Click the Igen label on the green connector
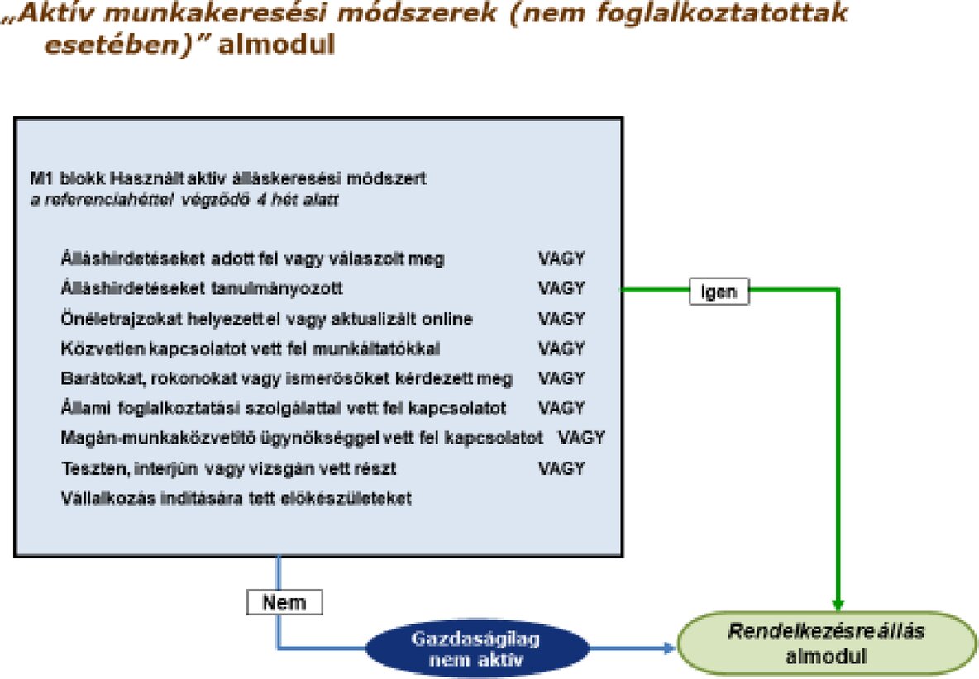[719, 292]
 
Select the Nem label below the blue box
[284, 602]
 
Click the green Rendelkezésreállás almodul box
[826, 644]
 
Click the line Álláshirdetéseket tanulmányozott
[202, 289]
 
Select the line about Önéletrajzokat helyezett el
[267, 319]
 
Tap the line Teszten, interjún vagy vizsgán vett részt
[229, 468]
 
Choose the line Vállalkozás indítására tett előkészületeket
[236, 498]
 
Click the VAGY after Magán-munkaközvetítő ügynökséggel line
[582, 438]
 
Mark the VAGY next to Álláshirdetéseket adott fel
[561, 259]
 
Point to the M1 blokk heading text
[227, 178]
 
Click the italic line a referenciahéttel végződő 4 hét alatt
[183, 200]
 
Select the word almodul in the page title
[278, 44]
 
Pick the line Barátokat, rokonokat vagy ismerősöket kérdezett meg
[287, 378]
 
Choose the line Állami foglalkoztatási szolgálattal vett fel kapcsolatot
[284, 408]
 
